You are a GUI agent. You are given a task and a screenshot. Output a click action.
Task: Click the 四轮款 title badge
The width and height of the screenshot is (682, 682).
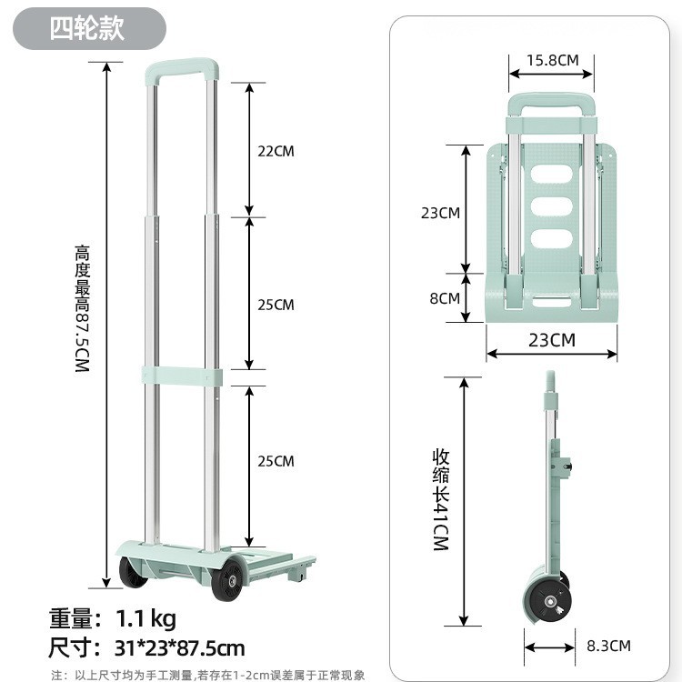[89, 29]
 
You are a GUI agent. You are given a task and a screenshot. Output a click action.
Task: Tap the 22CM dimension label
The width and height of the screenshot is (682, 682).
[276, 151]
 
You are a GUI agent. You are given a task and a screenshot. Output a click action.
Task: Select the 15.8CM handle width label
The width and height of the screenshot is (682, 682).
[552, 60]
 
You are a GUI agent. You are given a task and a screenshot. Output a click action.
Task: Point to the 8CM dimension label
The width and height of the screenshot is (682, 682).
[445, 298]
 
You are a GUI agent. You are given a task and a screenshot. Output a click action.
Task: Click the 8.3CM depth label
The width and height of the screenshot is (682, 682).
[608, 646]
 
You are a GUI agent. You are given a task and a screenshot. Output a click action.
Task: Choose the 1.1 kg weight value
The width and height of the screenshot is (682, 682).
[145, 618]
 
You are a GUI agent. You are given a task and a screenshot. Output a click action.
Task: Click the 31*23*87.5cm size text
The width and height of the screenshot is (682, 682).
[179, 648]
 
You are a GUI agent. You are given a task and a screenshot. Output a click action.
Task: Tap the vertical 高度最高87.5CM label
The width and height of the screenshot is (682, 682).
[82, 308]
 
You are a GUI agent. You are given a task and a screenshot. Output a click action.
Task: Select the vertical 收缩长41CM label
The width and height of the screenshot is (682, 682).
[441, 500]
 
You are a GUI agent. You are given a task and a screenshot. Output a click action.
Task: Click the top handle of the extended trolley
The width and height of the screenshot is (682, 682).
[181, 70]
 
